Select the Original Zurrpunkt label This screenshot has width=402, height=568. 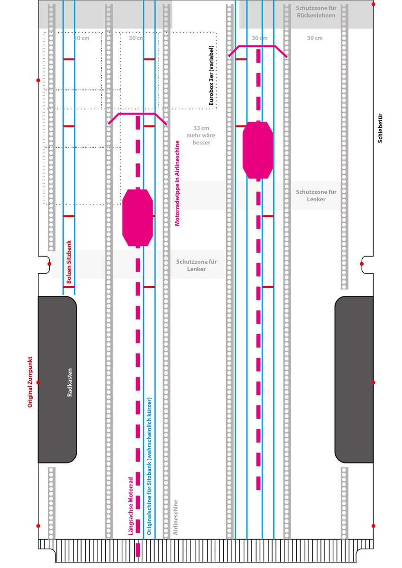(x=30, y=382)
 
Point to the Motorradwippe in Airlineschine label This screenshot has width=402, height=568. (x=178, y=183)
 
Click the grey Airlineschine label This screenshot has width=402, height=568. (x=176, y=517)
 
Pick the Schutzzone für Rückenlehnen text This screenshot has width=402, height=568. (x=316, y=12)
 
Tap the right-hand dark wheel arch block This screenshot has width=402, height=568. (x=354, y=380)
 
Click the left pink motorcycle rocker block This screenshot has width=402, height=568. (x=137, y=218)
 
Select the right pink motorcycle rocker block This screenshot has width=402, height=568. (x=257, y=150)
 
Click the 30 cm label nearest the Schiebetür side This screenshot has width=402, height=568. (x=315, y=38)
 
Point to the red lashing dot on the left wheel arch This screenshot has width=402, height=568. (x=38, y=382)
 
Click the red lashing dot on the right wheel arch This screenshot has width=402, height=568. (x=374, y=382)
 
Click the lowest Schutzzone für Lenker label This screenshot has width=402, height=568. (x=197, y=265)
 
